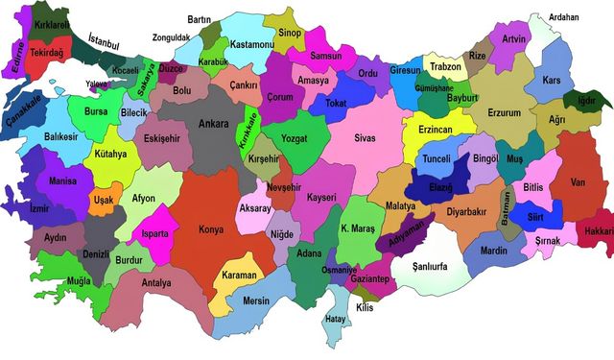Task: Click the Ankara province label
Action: pos(212,124)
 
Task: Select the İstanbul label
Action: pos(105,41)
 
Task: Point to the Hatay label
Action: pos(335,318)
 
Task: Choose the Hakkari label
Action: pos(598,231)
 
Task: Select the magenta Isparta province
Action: pos(154,233)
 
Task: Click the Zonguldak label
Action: pos(171,37)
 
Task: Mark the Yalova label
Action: pos(96,84)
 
